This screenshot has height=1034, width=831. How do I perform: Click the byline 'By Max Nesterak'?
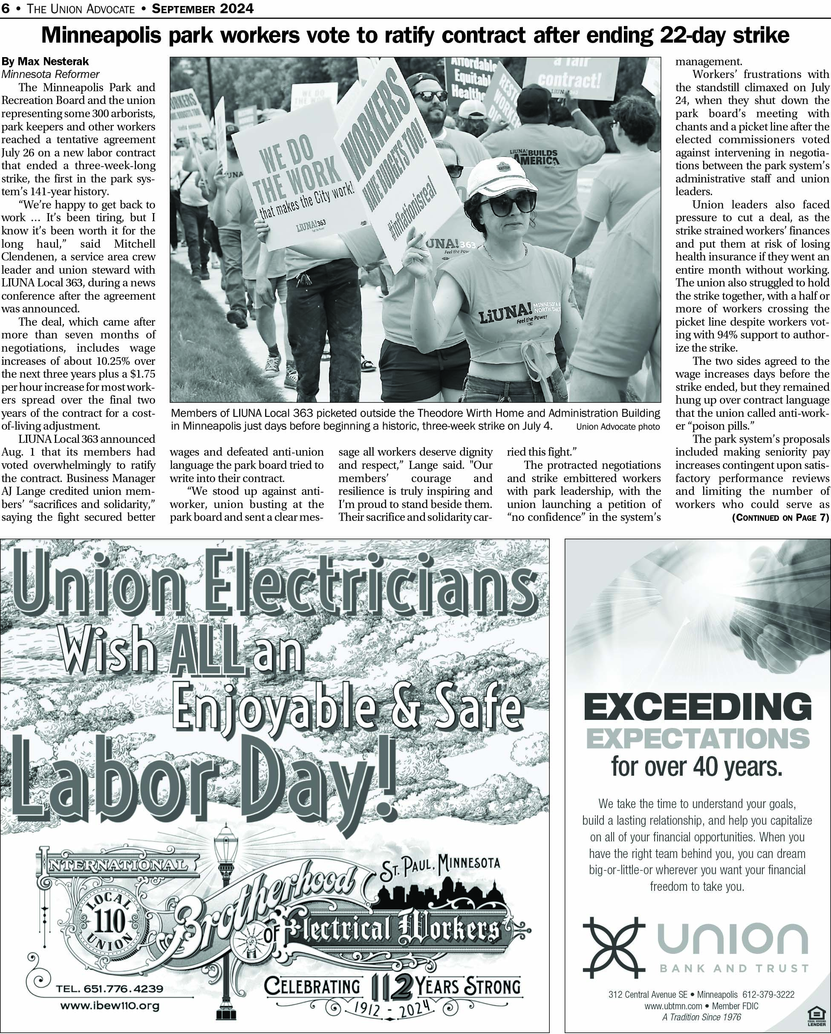pyautogui.click(x=45, y=61)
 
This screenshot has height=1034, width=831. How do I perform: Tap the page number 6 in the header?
pyautogui.click(x=5, y=9)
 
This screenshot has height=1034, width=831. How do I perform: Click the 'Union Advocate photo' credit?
pyautogui.click(x=617, y=427)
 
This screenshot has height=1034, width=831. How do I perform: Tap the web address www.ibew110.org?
pyautogui.click(x=110, y=1005)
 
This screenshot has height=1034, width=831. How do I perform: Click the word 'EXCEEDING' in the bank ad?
pyautogui.click(x=698, y=706)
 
